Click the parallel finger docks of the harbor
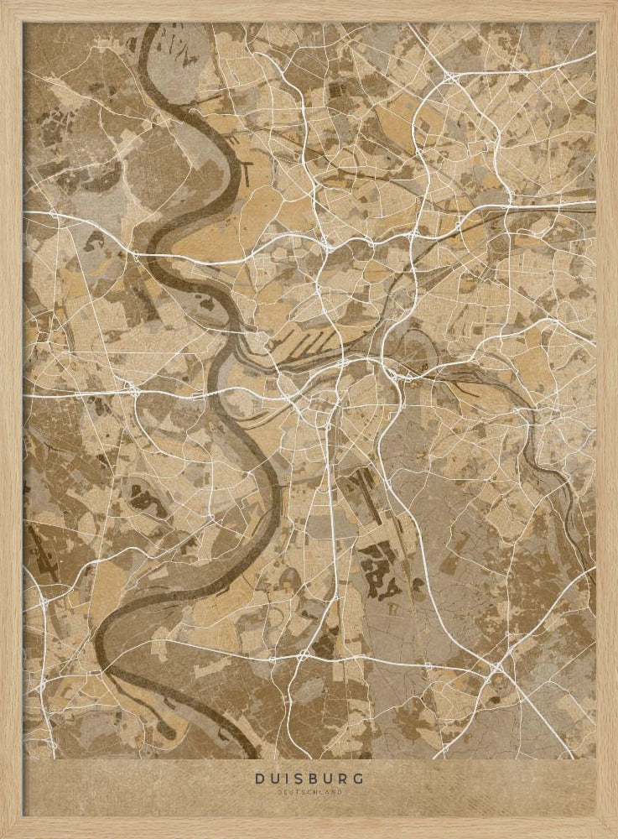tap(302, 340)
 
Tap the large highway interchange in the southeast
tap(496, 667)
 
